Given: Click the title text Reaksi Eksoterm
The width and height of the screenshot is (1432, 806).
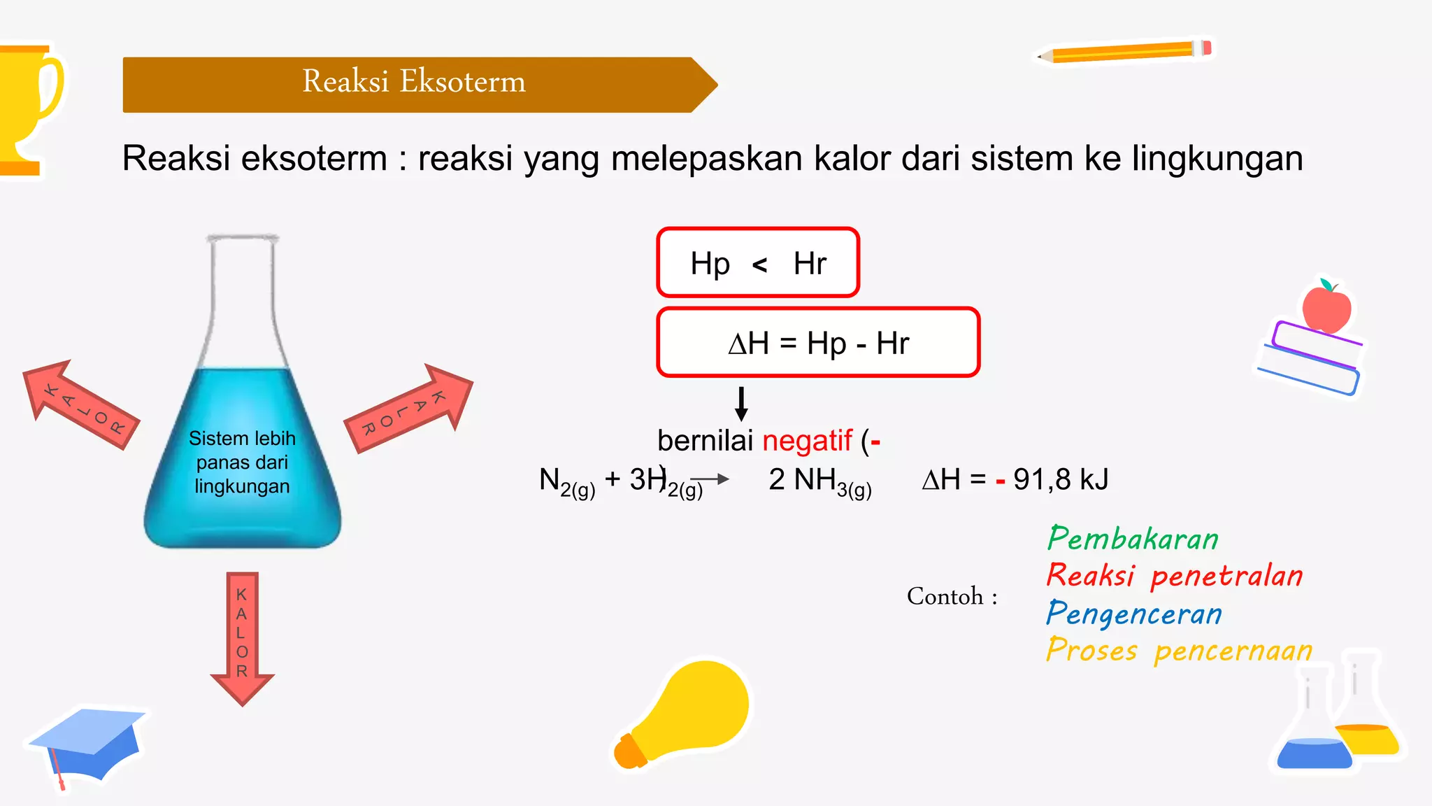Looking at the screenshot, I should (x=413, y=82).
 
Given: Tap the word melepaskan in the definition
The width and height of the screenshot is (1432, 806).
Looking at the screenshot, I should (x=707, y=158).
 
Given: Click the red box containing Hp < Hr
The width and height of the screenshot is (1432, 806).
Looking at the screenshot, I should (x=758, y=263).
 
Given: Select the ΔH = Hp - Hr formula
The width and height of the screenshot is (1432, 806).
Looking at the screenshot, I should (x=818, y=343).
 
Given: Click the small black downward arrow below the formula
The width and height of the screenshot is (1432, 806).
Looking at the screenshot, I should (x=742, y=404).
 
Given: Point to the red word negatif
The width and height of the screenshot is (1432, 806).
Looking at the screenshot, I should (x=807, y=441).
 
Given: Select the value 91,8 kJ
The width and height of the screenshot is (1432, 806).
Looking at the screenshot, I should (x=1061, y=480).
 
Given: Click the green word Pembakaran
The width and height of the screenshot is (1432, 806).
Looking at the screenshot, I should (x=1133, y=539).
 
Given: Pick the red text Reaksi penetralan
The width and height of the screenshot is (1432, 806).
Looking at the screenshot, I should (x=1175, y=576).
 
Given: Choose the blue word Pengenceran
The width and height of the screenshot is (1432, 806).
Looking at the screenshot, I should (x=1134, y=614).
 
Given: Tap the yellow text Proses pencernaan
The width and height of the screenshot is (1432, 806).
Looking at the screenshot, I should (x=1179, y=651).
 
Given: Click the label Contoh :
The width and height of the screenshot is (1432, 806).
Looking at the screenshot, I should (x=952, y=596).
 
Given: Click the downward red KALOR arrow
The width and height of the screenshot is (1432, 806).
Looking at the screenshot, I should (x=242, y=637).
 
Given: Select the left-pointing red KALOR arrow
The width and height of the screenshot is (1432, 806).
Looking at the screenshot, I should (x=80, y=404).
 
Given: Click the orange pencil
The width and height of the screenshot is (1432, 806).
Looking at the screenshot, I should (x=1126, y=52).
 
